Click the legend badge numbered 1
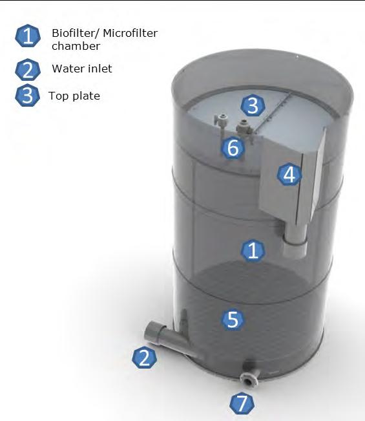click(28, 36)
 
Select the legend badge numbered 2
click(28, 70)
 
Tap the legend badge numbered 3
click(27, 95)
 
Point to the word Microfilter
click(130, 33)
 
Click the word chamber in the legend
click(76, 46)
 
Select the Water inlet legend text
click(82, 69)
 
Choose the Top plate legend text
click(74, 96)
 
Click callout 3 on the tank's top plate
click(253, 105)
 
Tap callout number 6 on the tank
click(233, 148)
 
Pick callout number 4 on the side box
click(289, 175)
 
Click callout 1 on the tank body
click(253, 250)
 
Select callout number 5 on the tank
click(233, 319)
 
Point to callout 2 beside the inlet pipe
click(145, 358)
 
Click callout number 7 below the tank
click(242, 404)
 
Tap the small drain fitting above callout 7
click(249, 376)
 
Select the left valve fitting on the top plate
click(221, 122)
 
